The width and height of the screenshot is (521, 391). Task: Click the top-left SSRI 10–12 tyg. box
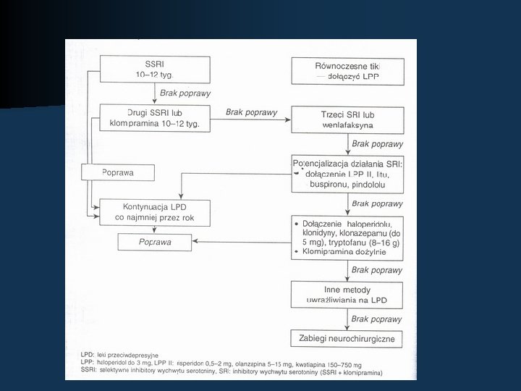[x=154, y=69]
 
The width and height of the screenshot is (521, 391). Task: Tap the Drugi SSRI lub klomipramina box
[x=154, y=119]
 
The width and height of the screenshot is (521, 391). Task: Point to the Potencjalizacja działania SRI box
[x=347, y=173]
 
